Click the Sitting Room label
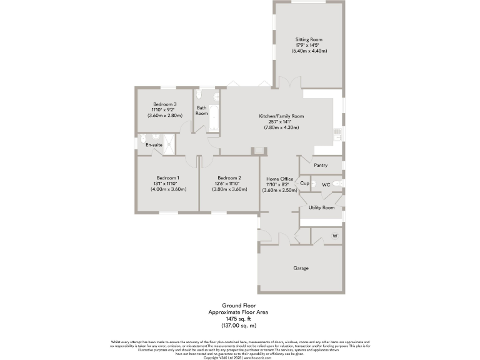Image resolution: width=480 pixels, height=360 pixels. click(309, 39)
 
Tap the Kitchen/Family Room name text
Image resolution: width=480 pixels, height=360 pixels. click(281, 116)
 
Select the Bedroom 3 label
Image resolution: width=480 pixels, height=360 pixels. click(165, 104)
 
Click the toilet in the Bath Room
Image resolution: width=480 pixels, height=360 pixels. click(199, 96)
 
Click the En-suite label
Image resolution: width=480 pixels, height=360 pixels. click(154, 145)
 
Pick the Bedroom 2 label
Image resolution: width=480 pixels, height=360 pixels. click(229, 178)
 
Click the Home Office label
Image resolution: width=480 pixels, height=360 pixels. click(280, 179)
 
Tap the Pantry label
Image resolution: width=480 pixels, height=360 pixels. click(321, 166)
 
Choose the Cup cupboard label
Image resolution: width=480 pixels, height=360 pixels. click(304, 184)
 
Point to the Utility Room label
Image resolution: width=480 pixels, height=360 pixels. click(321, 207)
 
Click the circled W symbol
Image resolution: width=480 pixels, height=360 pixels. click(334, 236)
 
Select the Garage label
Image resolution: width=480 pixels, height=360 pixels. click(301, 268)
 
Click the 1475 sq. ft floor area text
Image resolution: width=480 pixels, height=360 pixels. click(239, 319)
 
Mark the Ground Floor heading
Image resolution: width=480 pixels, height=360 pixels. click(239, 306)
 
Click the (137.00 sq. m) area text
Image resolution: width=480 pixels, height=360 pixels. click(239, 326)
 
